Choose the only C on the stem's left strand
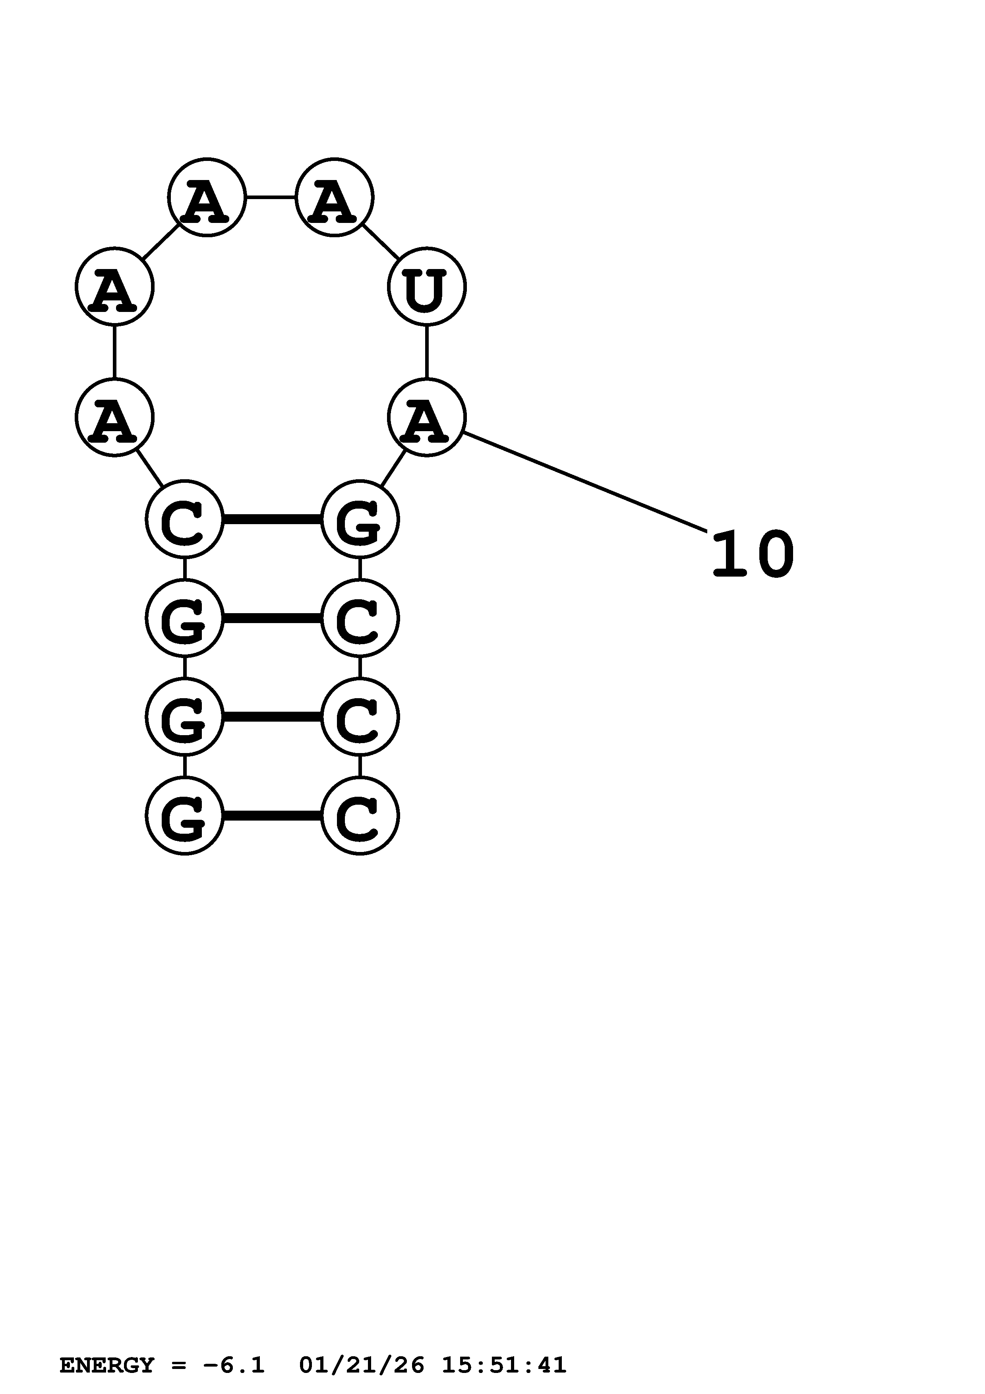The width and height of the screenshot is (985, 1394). click(x=184, y=519)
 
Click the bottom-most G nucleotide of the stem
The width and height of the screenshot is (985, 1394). click(x=184, y=816)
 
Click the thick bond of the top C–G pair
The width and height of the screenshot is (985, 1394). click(x=272, y=519)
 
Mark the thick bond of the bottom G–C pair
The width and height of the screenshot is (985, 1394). click(x=272, y=816)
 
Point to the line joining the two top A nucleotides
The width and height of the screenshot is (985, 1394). click(x=270, y=197)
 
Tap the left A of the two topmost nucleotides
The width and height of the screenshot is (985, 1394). click(x=206, y=197)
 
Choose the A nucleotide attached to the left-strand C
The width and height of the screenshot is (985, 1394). click(x=114, y=417)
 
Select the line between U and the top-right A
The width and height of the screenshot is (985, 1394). click(x=381, y=242)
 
